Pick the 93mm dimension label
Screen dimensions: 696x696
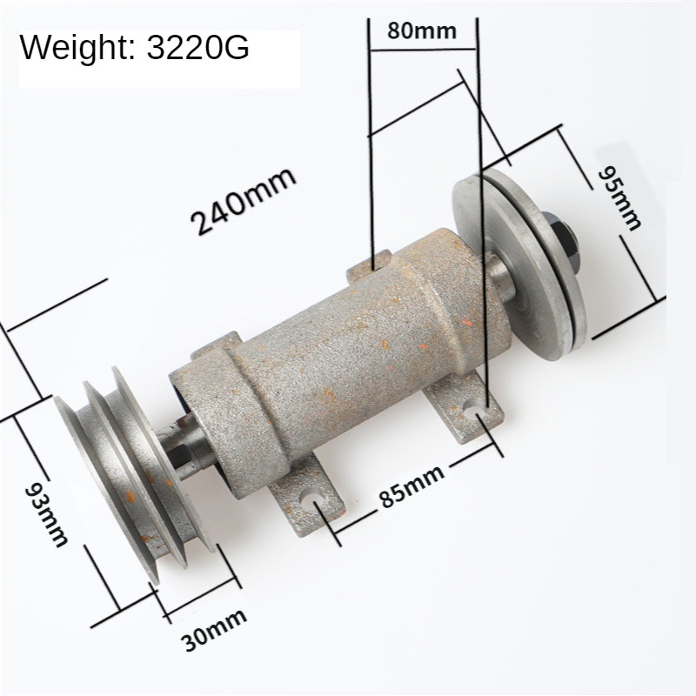click(x=45, y=514)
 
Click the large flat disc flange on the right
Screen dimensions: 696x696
click(x=513, y=261)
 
